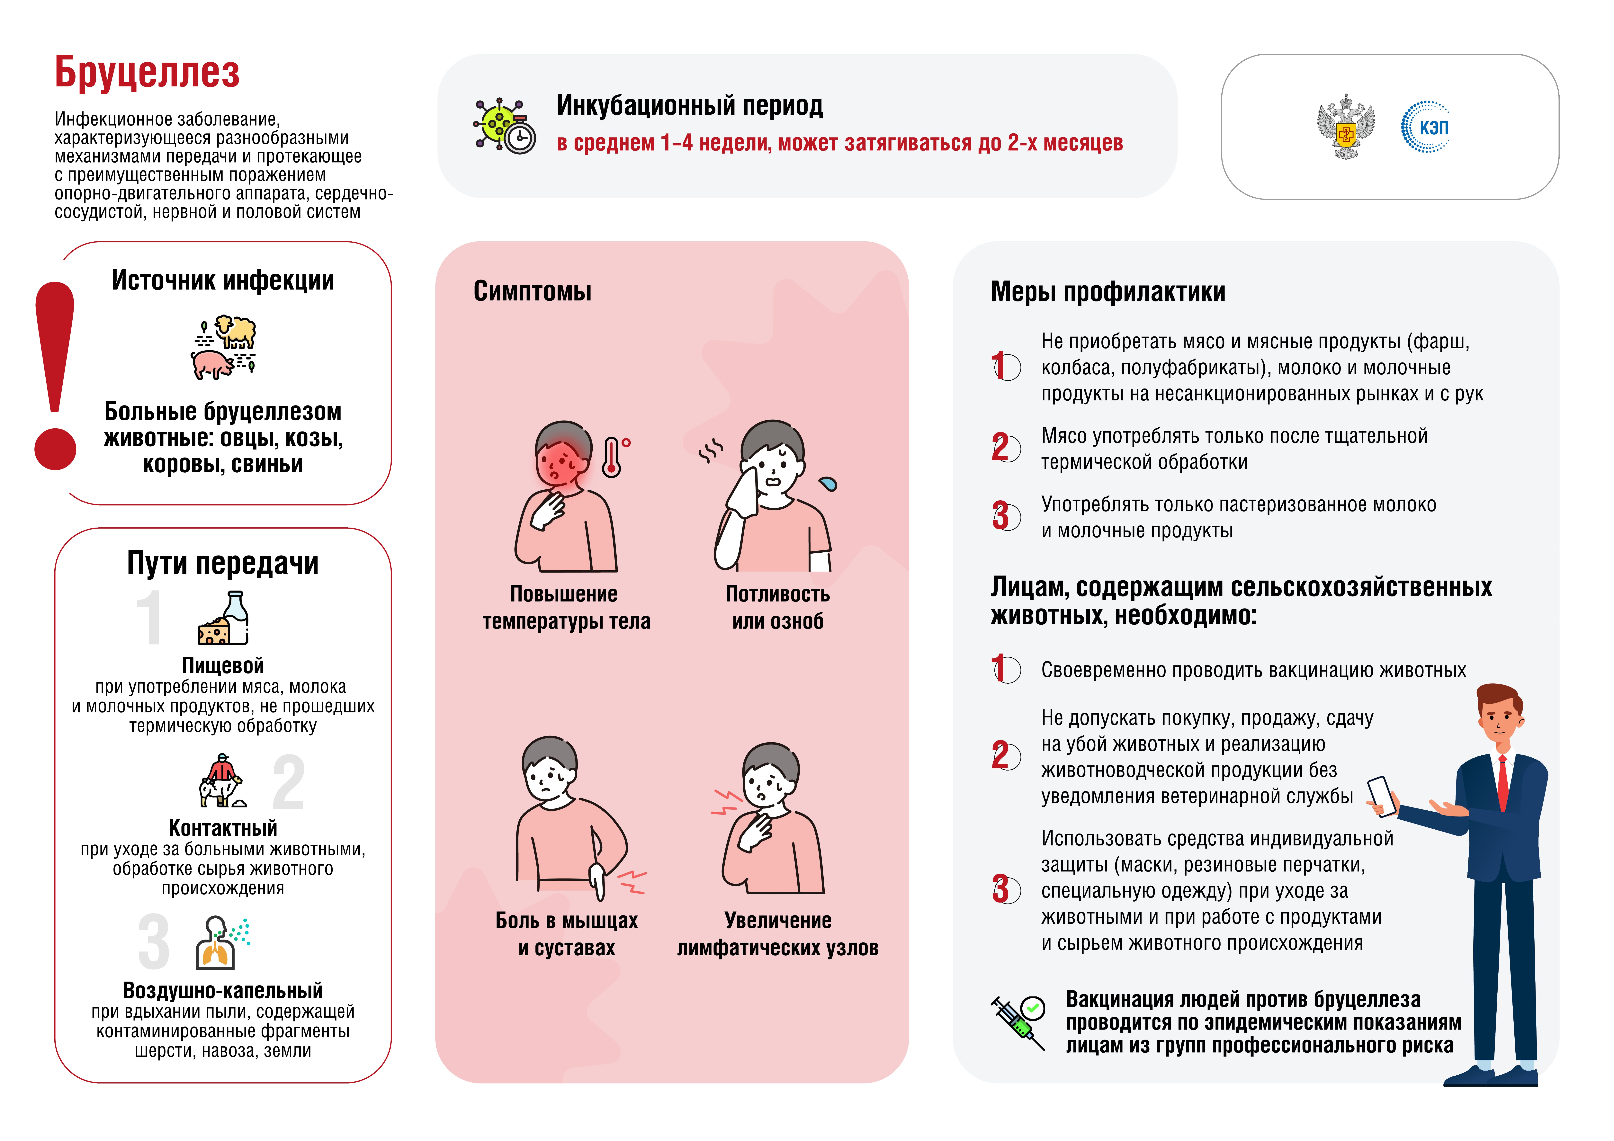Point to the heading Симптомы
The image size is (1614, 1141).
coord(532,291)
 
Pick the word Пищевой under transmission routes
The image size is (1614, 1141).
coord(223,665)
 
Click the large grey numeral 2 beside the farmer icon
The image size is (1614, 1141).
coord(288,782)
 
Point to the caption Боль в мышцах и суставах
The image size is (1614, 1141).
coord(567,934)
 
